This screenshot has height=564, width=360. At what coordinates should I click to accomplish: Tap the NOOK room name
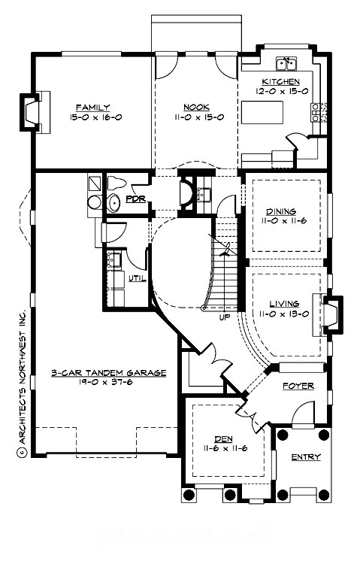click(x=196, y=108)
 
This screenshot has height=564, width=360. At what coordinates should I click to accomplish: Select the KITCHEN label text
click(x=280, y=81)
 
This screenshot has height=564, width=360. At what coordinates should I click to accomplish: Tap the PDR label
click(x=135, y=199)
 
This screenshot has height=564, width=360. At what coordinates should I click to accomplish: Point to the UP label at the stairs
click(x=224, y=317)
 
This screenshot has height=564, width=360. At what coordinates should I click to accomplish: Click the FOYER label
click(x=297, y=386)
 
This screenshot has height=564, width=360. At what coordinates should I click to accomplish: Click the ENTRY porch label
click(x=305, y=457)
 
